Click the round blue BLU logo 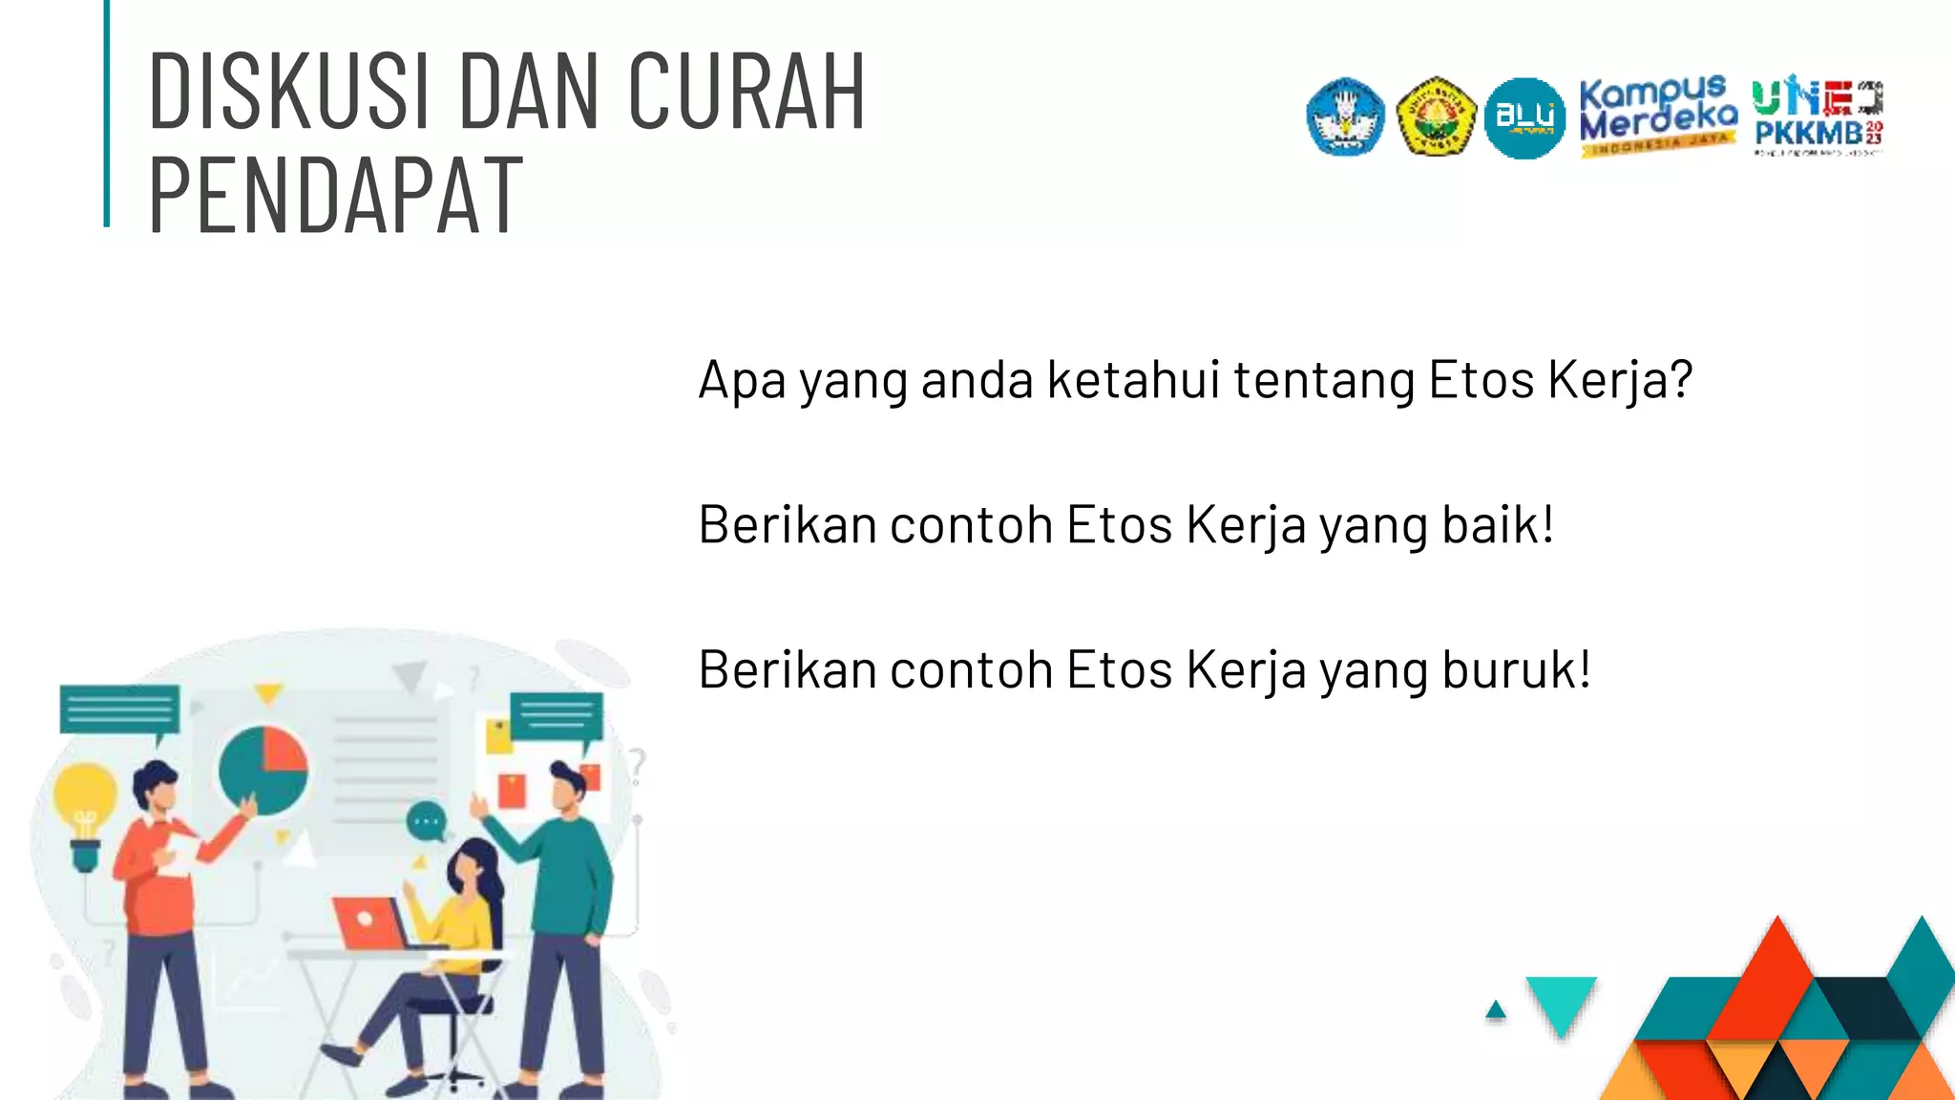tap(1524, 118)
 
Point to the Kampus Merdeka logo tap(1657, 116)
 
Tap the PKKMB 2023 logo tap(1818, 117)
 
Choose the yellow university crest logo tap(1436, 116)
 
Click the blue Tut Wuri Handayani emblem tap(1345, 116)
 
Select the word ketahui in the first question tap(1133, 380)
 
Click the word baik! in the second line tap(1498, 525)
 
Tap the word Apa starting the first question tap(742, 381)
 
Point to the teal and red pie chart tap(263, 770)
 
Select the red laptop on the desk tap(370, 922)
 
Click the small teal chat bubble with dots tap(427, 821)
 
